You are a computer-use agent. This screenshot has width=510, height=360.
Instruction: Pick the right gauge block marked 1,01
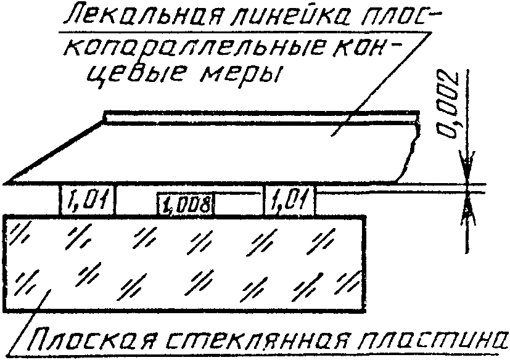tap(290, 200)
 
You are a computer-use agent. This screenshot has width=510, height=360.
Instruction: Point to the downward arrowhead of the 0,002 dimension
tap(468, 175)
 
